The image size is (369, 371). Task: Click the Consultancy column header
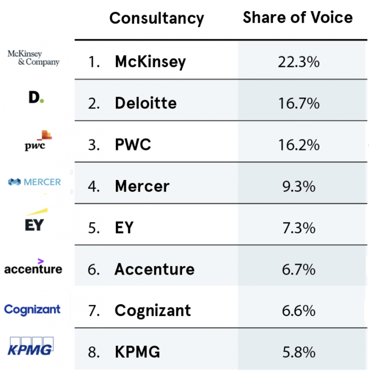click(157, 18)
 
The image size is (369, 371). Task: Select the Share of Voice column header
click(297, 18)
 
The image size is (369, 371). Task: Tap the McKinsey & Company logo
click(34, 58)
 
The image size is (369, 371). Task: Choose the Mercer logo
click(35, 182)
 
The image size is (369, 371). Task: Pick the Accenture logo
click(33, 267)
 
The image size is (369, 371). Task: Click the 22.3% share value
click(298, 62)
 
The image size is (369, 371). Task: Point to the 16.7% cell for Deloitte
click(298, 103)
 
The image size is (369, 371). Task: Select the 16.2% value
click(298, 145)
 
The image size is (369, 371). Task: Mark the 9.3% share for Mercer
click(298, 186)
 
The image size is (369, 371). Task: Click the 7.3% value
click(298, 228)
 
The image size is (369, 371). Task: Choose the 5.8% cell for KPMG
click(298, 352)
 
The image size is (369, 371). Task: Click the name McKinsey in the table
click(150, 62)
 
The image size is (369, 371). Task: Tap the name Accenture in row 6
click(154, 269)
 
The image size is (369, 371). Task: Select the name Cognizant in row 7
click(152, 311)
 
